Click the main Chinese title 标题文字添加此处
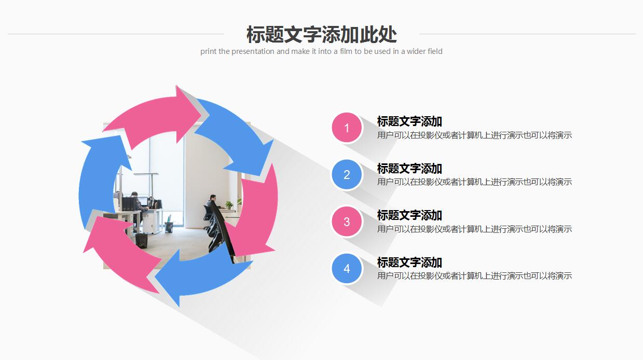[x=321, y=35]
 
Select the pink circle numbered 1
[x=347, y=128]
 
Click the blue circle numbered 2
[x=347, y=175]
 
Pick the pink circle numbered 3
[x=347, y=221]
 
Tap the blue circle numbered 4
[x=347, y=269]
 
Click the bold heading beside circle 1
[x=409, y=121]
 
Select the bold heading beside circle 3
[x=409, y=215]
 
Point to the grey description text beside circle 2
[x=474, y=182]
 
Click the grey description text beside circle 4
[x=474, y=276]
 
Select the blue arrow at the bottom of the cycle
[x=197, y=275]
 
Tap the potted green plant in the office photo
[x=229, y=205]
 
